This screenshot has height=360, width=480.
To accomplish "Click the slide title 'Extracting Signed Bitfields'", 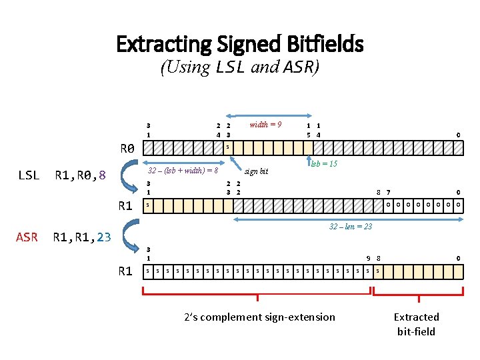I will pos(240,44).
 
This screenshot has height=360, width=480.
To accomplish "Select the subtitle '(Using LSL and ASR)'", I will pos(240,67).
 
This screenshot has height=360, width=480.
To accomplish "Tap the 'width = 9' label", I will pos(265,125).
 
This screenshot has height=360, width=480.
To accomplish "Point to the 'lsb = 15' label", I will pos(324,163).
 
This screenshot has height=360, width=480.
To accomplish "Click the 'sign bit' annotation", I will pos(257,171).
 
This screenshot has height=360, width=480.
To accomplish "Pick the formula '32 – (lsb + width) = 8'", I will pos(183,170).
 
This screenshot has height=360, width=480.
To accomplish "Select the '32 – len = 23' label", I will pos(351,227).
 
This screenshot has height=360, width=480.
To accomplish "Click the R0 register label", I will pos(127,148).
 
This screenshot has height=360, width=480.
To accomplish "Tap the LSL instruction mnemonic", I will pos(28,176).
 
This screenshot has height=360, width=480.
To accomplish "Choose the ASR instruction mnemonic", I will pos(27,237).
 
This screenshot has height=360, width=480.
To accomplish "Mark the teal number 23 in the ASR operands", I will pos(104,237).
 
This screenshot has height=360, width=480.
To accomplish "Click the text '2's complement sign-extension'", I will pos(259,317).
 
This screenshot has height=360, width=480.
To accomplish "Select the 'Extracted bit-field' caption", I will pos(416,324).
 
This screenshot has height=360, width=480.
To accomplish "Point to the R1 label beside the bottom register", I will pos(125,271).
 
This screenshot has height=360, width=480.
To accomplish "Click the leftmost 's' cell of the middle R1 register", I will pos(148,205).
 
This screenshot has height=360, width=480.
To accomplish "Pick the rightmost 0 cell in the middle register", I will pos(458,205).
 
